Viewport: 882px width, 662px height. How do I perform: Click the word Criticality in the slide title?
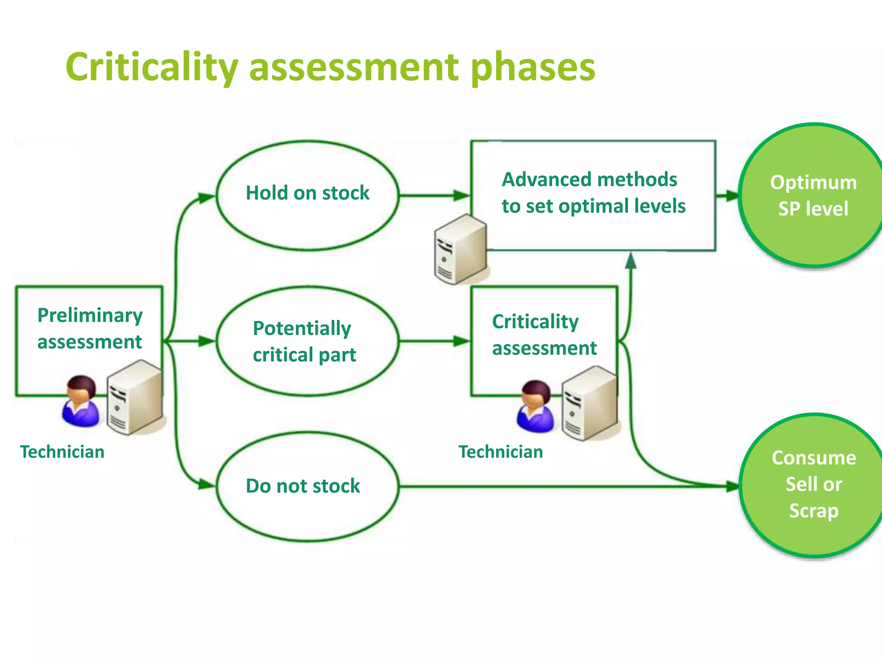tap(152, 67)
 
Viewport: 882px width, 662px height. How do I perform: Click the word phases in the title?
tap(533, 67)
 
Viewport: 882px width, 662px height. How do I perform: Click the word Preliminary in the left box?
tap(90, 315)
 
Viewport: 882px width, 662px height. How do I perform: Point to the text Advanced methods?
tap(590, 180)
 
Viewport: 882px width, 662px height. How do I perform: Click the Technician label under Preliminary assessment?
tap(62, 452)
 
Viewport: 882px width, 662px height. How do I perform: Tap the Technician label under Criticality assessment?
tap(500, 452)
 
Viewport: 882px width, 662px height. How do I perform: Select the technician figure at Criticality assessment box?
tap(535, 406)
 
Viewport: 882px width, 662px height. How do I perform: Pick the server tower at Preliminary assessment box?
tap(134, 397)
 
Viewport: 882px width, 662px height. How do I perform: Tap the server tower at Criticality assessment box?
tap(590, 403)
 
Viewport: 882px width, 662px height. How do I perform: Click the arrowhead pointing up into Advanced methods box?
tap(630, 260)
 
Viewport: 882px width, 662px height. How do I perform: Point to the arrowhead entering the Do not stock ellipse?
tap(207, 485)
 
